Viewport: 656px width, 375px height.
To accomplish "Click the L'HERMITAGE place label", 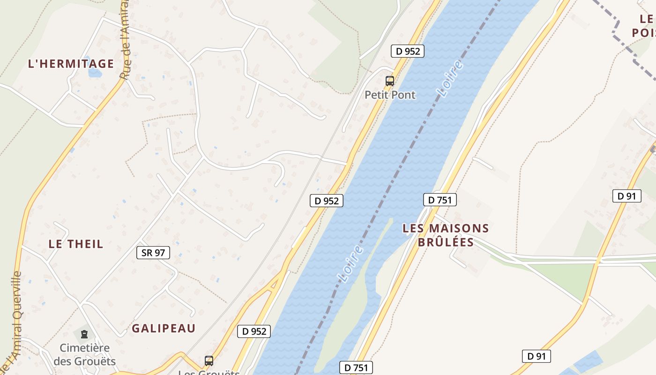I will pos(71,64).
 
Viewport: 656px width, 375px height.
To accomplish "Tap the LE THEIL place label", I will pos(76,244).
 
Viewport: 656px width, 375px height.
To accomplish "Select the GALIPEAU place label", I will pos(164,328).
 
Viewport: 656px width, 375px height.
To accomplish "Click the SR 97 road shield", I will pos(153,253).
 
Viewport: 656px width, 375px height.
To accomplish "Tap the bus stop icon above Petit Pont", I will pos(390,81).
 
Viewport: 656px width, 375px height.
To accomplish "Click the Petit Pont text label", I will pos(390,95).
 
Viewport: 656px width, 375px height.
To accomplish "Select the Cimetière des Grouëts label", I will pos(84,354).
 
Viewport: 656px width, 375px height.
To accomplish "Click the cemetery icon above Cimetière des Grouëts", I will pos(84,334).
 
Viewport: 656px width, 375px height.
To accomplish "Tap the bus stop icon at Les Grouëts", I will pos(209,360).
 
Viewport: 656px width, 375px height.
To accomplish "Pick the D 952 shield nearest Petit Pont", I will pos(408,51).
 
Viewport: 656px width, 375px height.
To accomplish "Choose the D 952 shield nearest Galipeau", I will pos(254,331).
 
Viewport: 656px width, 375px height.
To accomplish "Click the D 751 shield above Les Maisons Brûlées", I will pos(440,200).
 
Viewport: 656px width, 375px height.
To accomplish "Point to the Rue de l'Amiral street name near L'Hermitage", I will pos(125,42).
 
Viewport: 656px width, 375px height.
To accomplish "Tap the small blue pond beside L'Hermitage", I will pos(94,73).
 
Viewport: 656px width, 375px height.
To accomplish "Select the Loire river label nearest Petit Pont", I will pos(451,78).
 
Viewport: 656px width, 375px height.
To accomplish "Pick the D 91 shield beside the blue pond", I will pos(536,356).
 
